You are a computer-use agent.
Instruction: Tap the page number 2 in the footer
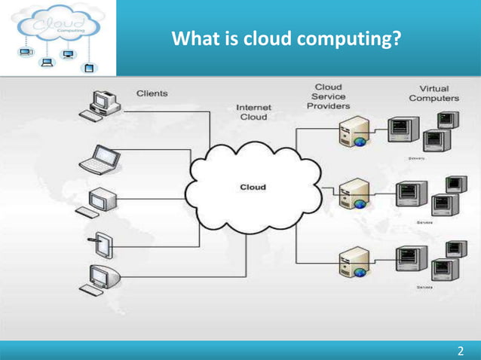point(461,350)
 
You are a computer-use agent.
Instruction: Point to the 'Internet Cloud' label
point(253,111)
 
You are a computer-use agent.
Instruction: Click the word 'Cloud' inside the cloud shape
point(253,186)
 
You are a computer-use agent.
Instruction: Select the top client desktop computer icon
point(99,105)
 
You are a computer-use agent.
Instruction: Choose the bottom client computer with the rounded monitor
point(100,279)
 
